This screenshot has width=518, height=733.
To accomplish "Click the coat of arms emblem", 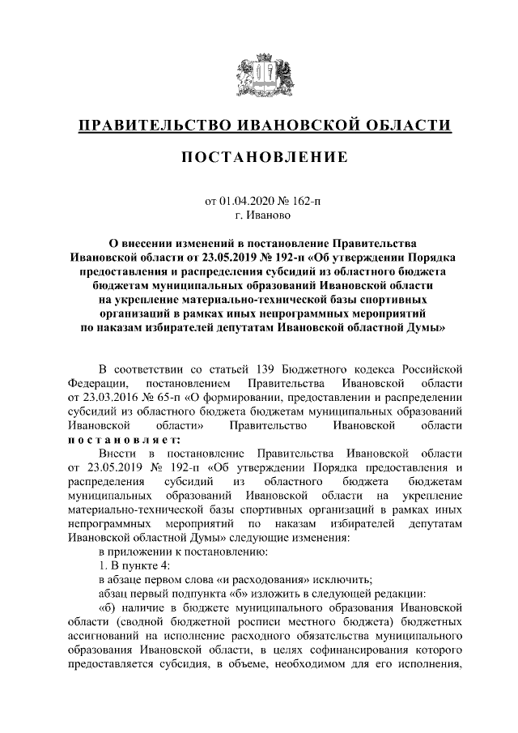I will (x=259, y=76).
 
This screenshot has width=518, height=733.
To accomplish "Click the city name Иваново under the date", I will (x=267, y=215).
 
